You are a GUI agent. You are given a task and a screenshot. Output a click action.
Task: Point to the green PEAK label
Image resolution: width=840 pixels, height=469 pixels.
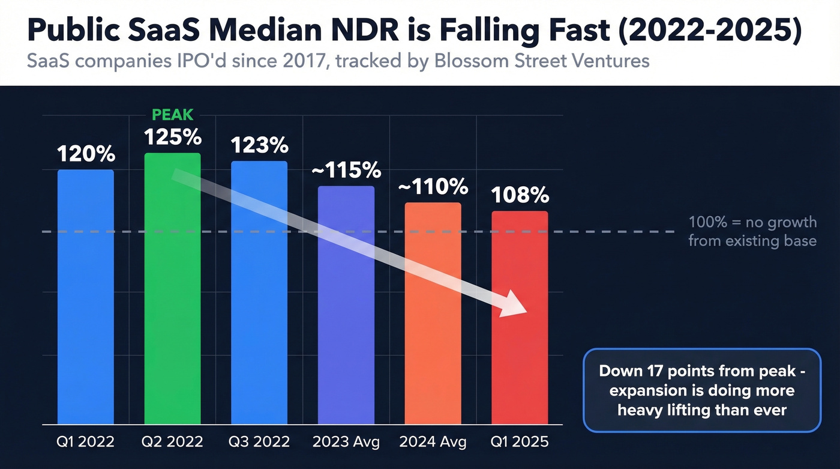click(x=173, y=113)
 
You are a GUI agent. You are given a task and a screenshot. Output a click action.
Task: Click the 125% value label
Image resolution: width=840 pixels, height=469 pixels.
click(x=173, y=137)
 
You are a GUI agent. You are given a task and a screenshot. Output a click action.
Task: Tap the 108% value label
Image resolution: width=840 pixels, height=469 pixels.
click(x=520, y=195)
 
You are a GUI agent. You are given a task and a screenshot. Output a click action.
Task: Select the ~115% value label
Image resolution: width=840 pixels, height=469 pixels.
click(x=346, y=171)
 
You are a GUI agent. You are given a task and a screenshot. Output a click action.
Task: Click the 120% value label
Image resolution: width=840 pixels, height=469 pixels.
click(x=86, y=154)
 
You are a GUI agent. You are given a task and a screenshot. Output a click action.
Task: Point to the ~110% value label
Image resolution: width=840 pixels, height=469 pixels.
click(x=433, y=187)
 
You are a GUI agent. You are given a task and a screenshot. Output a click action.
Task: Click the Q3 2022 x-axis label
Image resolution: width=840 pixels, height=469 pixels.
click(x=259, y=443)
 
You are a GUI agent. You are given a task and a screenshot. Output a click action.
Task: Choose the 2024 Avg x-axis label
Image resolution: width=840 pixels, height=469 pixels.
click(x=433, y=443)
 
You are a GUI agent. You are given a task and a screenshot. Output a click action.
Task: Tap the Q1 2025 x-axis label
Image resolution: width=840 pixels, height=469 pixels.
click(x=520, y=443)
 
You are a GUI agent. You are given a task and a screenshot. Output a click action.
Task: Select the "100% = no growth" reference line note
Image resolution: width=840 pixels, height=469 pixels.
click(x=752, y=231)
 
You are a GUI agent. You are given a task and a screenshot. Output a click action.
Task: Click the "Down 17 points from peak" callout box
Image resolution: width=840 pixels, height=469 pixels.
click(x=701, y=390)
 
